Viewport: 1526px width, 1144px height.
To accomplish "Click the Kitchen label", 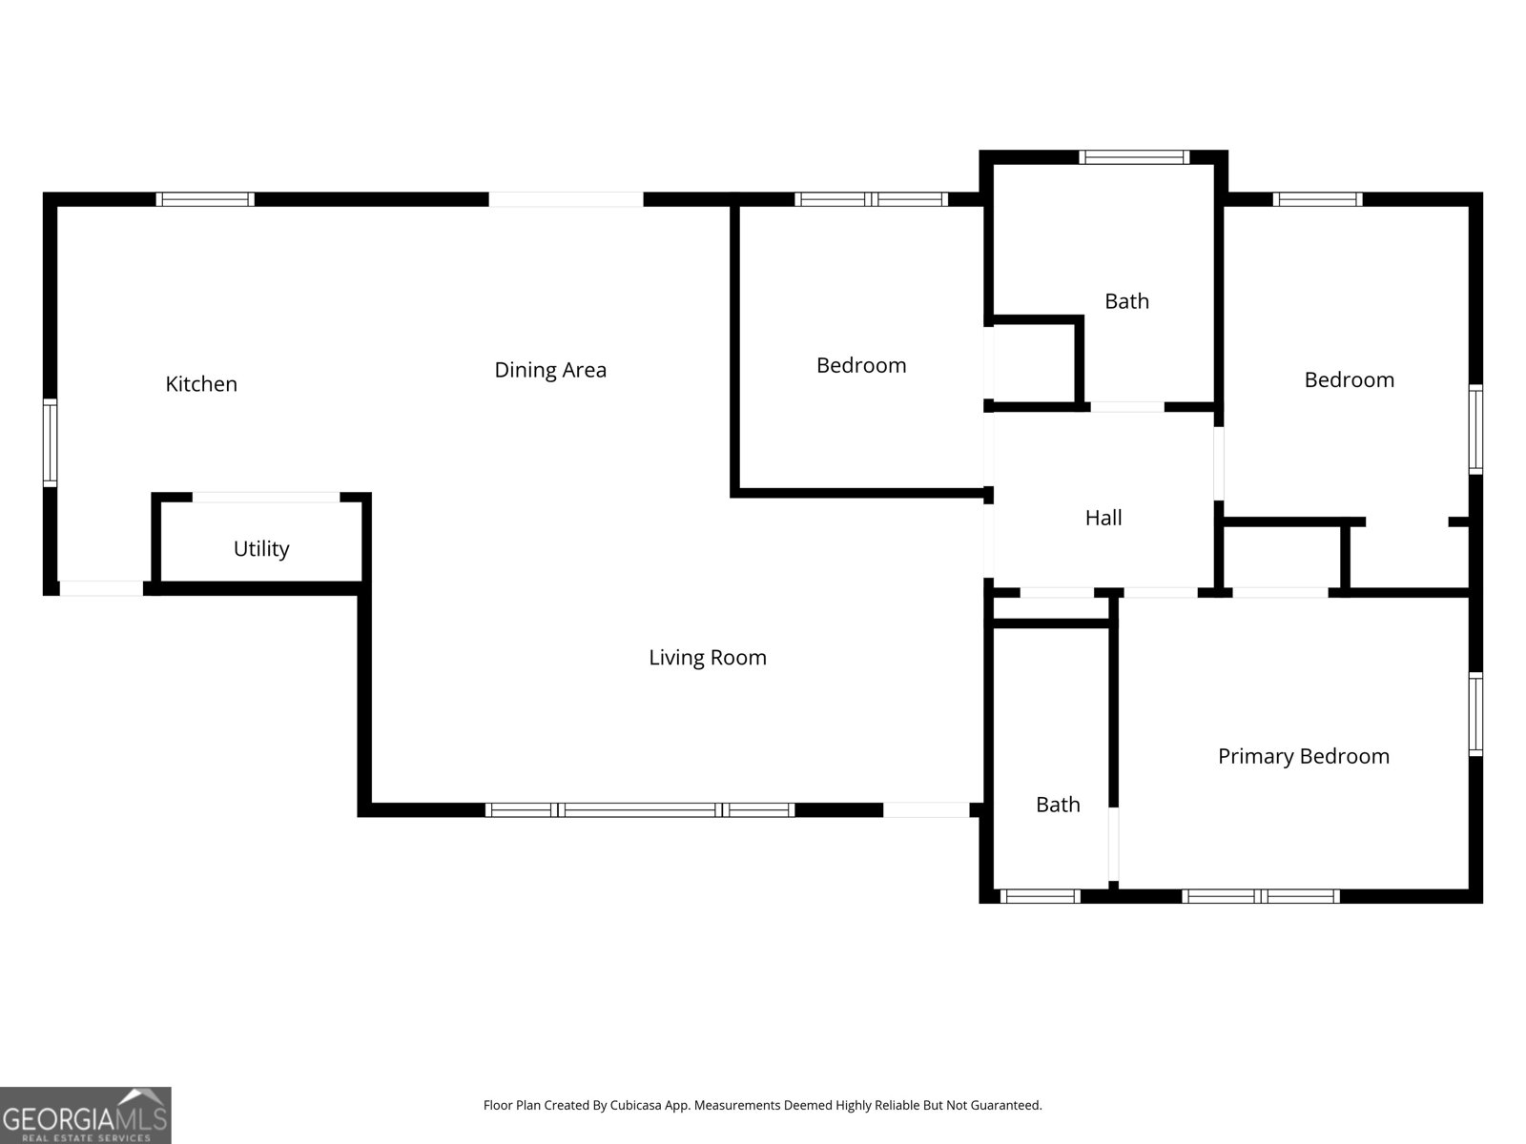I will [201, 384].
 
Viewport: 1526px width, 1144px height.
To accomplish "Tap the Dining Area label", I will [550, 370].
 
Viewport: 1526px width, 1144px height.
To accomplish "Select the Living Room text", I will [708, 658].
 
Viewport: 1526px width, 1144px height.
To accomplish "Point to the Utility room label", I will [261, 549].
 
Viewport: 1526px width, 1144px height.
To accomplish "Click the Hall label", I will [1103, 518].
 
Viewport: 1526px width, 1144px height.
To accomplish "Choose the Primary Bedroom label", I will [1303, 756].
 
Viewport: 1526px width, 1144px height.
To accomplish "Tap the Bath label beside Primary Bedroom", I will [1058, 805].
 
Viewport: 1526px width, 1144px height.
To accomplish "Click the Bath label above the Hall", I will [1126, 301].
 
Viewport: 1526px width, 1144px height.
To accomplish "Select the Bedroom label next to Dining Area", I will [861, 365].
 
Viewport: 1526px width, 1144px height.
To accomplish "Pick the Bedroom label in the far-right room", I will [1349, 379].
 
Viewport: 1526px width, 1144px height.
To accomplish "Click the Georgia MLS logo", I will [86, 1114].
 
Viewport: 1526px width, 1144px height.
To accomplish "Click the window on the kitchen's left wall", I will [50, 443].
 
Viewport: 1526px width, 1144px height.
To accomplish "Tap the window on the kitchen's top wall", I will [205, 199].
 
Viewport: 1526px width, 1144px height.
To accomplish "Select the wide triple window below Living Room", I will [640, 810].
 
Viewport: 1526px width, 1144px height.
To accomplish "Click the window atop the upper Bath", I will [1134, 157].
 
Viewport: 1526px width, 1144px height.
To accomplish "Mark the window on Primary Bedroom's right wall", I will [1475, 713].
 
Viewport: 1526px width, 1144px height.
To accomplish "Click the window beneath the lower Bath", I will [1040, 896].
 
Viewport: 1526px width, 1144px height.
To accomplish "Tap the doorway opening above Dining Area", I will [566, 199].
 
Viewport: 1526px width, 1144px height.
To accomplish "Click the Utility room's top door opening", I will [266, 498].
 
